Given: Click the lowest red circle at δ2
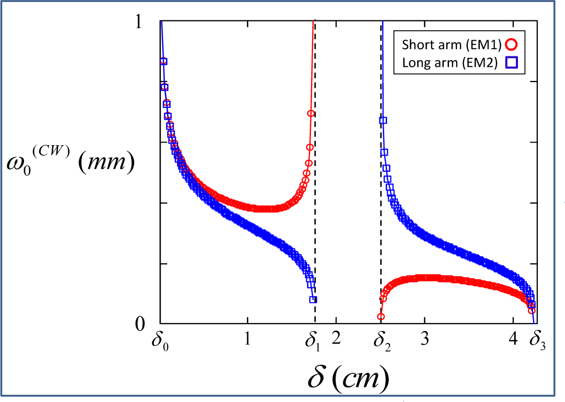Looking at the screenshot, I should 381,317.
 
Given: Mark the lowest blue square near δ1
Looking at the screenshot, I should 313,300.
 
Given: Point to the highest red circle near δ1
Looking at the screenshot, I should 311,114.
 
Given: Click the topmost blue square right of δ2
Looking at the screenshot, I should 383,121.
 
